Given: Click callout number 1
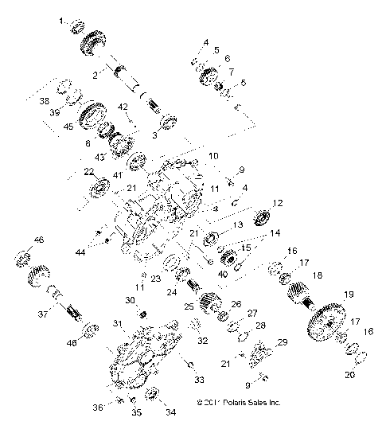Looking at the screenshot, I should (x=63, y=21).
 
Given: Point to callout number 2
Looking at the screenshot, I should (x=95, y=75).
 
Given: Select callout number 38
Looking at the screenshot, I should (x=45, y=101).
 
